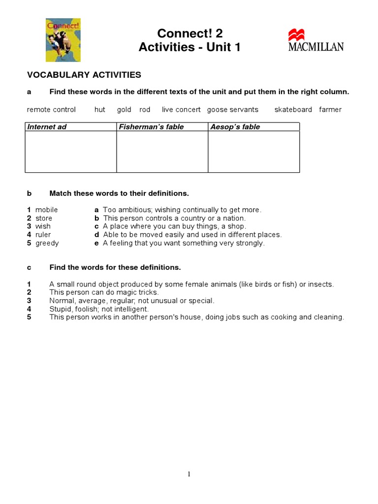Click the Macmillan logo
[316, 40]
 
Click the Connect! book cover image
[56, 40]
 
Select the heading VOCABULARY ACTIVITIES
[84, 75]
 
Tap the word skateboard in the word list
[293, 110]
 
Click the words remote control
[51, 110]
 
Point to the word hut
[100, 110]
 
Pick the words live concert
[181, 110]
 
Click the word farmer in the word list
[330, 110]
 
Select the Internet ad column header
[47, 127]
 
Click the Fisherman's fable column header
[151, 127]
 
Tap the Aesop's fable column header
[235, 127]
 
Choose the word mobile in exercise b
[46, 210]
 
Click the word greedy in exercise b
[47, 243]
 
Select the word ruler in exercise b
[43, 235]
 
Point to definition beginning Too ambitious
[182, 210]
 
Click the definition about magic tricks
[104, 292]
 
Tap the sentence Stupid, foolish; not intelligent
[99, 309]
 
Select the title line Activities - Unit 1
[189, 48]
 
